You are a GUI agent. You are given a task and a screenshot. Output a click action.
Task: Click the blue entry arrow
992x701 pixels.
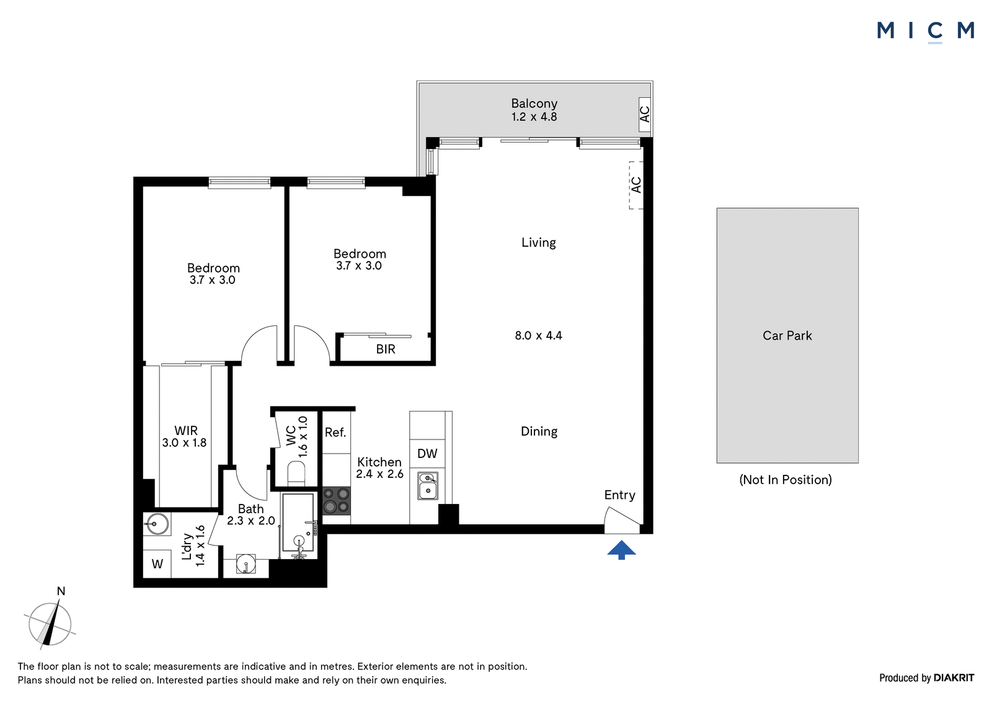point(621,550)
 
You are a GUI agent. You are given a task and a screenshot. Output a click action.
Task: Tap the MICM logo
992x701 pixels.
point(925,32)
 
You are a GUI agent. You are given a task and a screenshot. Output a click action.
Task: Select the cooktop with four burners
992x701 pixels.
point(336,501)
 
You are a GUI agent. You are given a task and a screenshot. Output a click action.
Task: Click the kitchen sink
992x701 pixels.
point(428,486)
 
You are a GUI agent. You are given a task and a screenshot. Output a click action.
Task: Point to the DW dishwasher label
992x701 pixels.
point(427,453)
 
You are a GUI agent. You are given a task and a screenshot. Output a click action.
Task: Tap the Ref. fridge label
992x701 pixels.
point(335,432)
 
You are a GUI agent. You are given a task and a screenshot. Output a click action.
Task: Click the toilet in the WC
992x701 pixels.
point(296,474)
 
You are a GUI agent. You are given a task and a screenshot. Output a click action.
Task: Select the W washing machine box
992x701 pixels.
point(157,564)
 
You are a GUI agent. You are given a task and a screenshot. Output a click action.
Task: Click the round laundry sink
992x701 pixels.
point(156,524)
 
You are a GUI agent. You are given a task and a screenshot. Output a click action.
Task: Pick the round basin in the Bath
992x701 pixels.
point(246,565)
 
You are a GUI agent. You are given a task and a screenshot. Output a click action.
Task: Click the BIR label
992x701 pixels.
point(386,349)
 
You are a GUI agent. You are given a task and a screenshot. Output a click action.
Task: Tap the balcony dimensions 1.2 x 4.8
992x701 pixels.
point(534,117)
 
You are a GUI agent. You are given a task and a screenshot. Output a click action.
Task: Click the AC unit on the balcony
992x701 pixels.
point(645,114)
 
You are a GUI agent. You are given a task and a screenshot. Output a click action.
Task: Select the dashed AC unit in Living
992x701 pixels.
point(636,185)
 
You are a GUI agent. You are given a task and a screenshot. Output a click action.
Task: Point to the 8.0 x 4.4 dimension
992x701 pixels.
point(539,336)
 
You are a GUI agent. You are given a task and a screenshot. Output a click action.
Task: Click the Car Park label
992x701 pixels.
point(787,336)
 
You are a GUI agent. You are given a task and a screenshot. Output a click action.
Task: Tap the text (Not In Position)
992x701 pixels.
point(786,480)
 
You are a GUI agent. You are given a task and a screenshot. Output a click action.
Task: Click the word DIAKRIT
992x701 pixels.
point(954,677)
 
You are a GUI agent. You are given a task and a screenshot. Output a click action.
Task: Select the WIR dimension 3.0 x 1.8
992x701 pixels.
point(184,443)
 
